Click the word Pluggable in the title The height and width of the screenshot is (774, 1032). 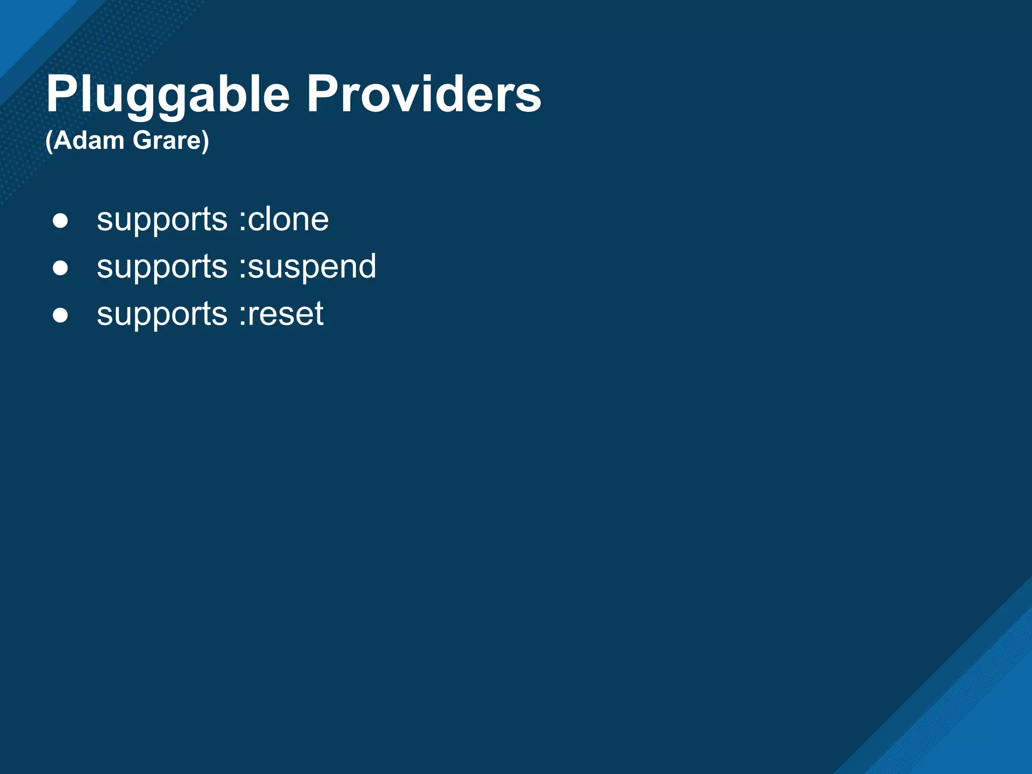pyautogui.click(x=168, y=95)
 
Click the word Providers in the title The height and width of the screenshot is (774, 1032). pyautogui.click(x=424, y=94)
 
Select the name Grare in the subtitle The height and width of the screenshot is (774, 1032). pyautogui.click(x=167, y=140)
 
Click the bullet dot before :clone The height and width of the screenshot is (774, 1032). pyautogui.click(x=60, y=221)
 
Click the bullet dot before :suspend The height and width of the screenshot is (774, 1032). pyautogui.click(x=60, y=268)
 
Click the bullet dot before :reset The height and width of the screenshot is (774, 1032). pyautogui.click(x=60, y=315)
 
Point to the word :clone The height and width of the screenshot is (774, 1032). pyautogui.click(x=284, y=220)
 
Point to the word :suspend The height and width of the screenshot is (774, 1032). pyautogui.click(x=307, y=267)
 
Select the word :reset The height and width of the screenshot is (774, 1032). pyautogui.click(x=281, y=314)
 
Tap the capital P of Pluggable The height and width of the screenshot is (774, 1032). pyautogui.click(x=61, y=94)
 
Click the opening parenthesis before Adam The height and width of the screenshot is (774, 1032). pyautogui.click(x=49, y=141)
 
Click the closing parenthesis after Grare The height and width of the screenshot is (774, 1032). pyautogui.click(x=205, y=141)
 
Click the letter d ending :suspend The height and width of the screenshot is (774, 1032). pyautogui.click(x=366, y=266)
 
